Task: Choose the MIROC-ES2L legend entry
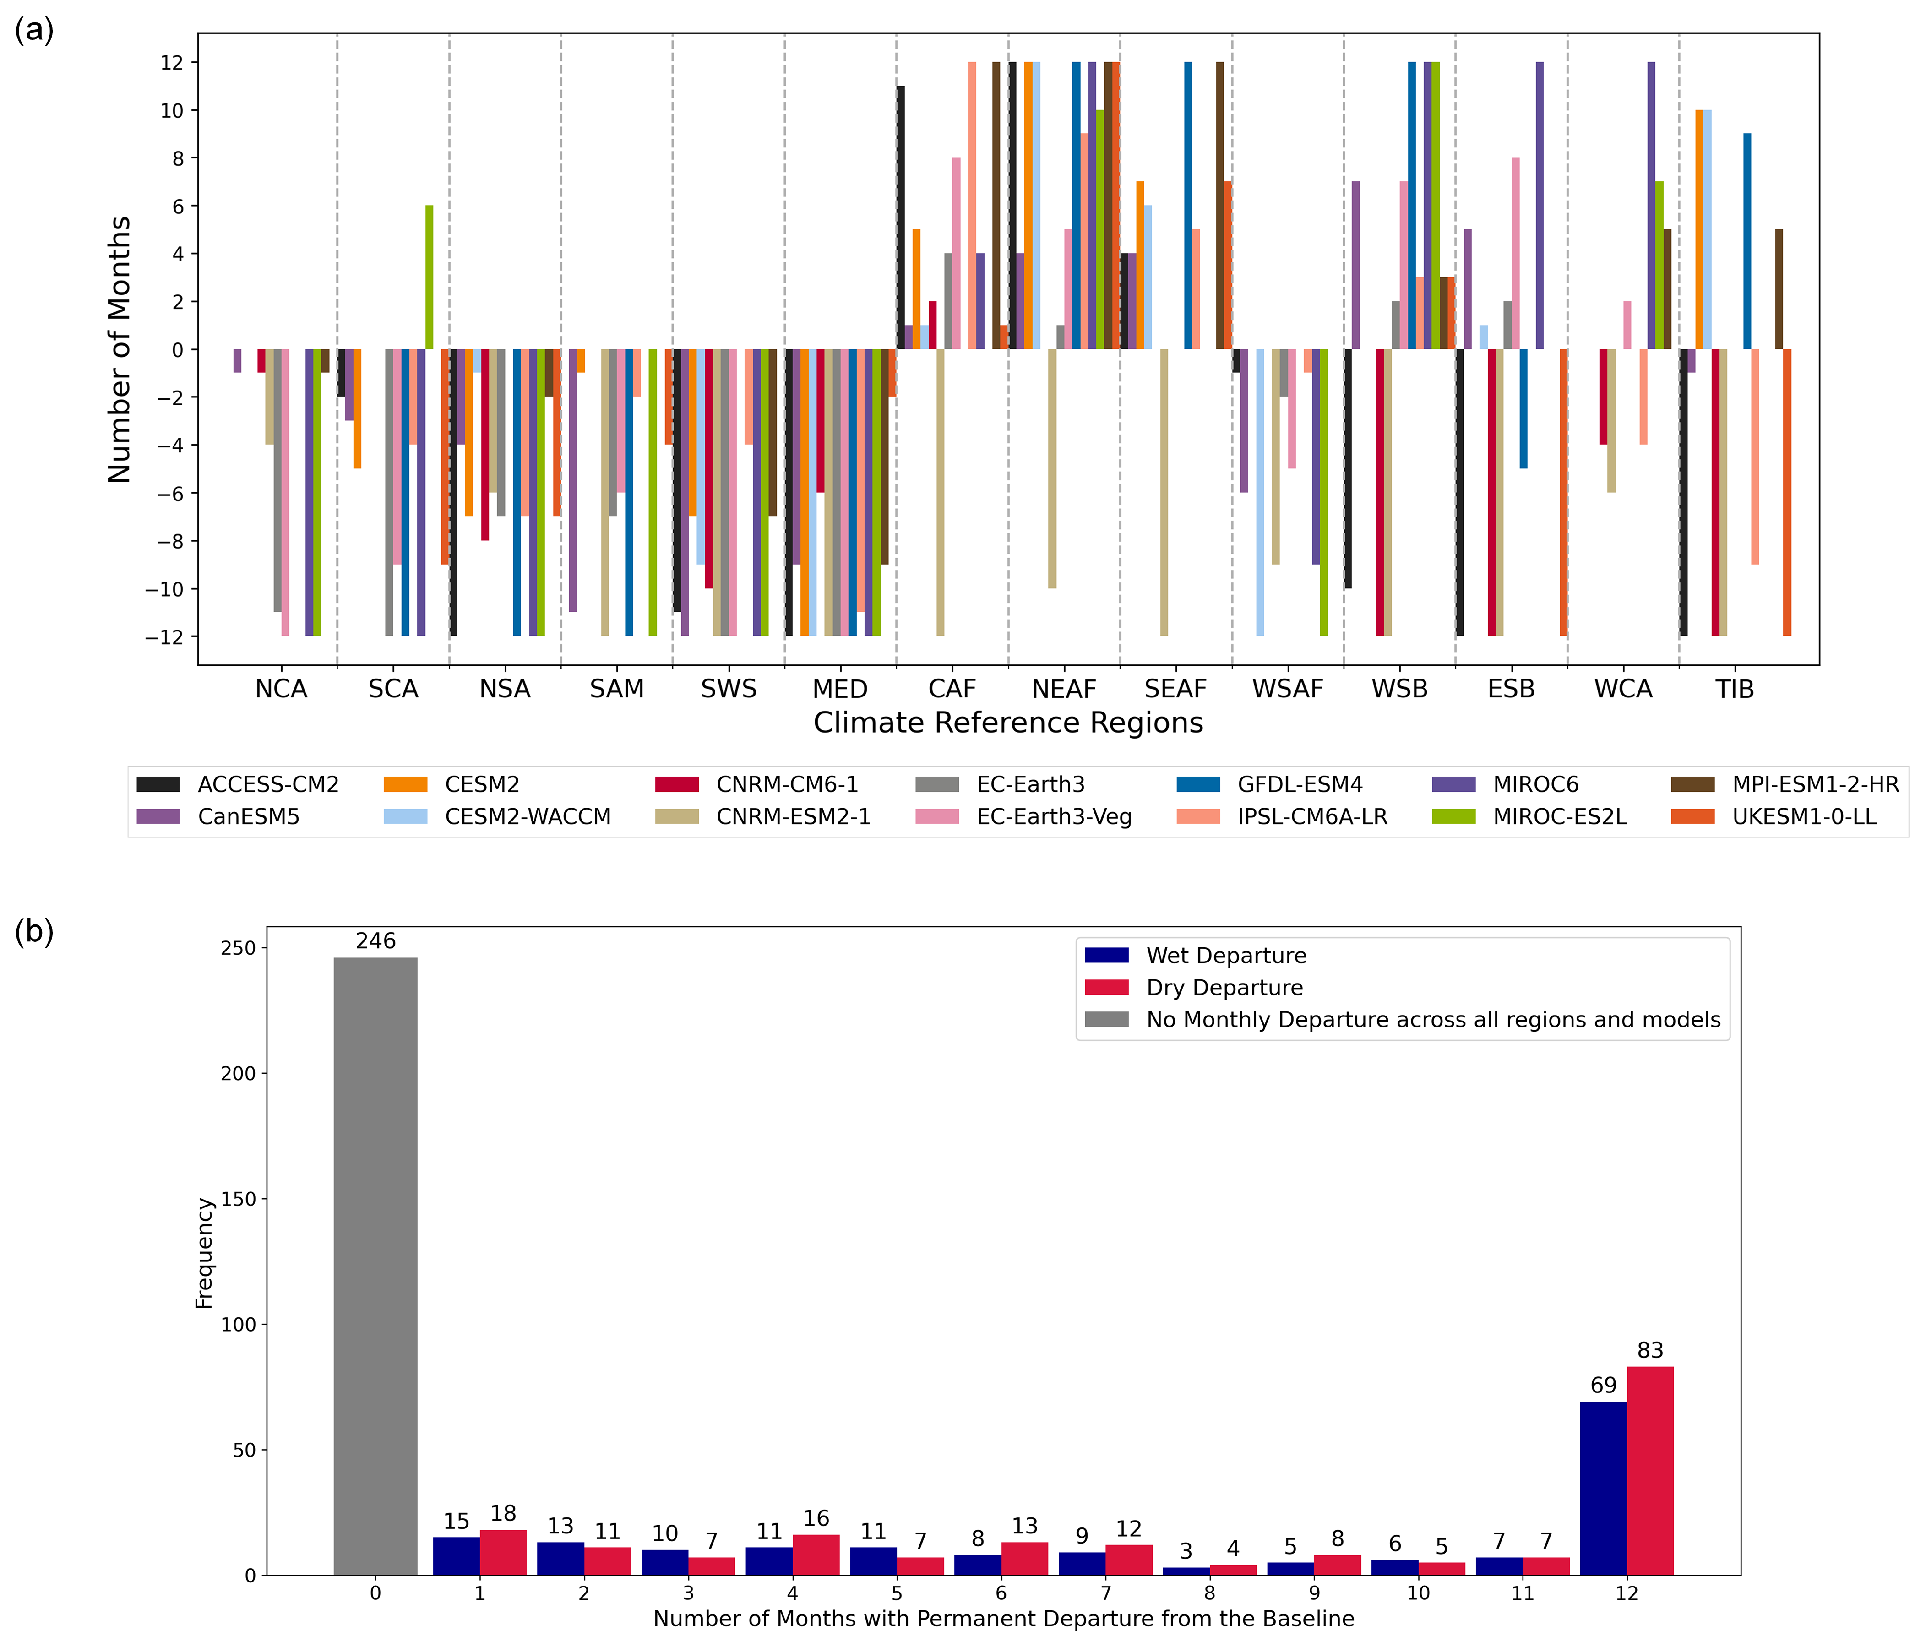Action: tap(1559, 817)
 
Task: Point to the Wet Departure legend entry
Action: tap(1225, 956)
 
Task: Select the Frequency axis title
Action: tap(205, 1253)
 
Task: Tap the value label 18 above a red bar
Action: tap(503, 1513)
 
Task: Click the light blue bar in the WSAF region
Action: tap(1261, 493)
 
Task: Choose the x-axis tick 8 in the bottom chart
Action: tap(1209, 1593)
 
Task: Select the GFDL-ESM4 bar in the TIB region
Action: tap(1747, 242)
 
